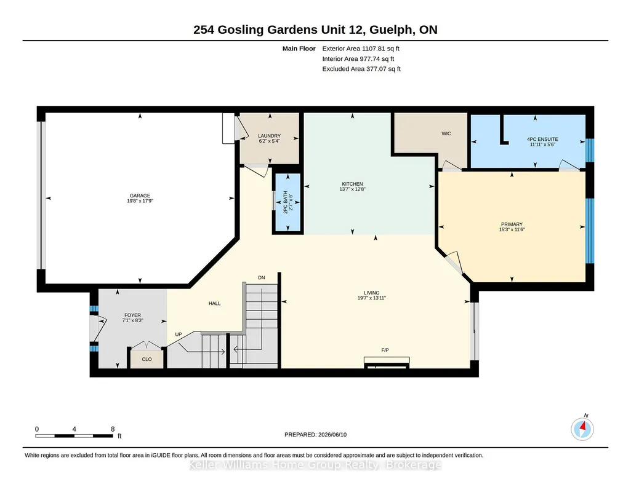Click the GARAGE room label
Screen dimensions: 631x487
point(140,196)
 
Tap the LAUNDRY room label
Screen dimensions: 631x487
point(269,136)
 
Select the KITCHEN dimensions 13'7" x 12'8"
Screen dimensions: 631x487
point(352,189)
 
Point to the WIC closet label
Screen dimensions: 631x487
point(446,133)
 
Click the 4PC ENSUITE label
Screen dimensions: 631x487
point(542,140)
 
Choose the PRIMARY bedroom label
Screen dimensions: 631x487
point(512,224)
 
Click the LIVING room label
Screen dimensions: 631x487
point(371,293)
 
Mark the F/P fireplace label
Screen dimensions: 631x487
point(385,350)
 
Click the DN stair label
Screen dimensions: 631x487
point(262,278)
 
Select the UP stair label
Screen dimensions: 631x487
point(179,335)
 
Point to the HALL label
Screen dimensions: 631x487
point(214,303)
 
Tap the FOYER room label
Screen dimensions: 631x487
point(132,315)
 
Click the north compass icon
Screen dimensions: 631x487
point(582,429)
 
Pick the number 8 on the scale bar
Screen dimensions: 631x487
point(113,429)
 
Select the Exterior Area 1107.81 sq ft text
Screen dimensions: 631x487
point(361,49)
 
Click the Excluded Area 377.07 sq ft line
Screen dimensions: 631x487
point(361,69)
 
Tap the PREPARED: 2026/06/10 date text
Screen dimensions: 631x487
point(315,434)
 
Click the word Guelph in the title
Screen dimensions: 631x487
point(391,30)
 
